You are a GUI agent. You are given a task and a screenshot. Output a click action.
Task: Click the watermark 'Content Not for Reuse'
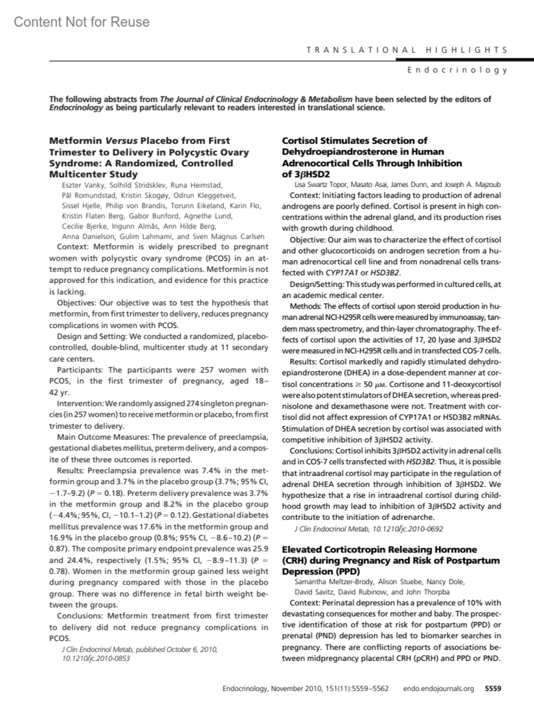[x=81, y=22]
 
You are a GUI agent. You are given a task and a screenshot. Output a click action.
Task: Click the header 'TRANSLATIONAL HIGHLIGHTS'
[x=407, y=50]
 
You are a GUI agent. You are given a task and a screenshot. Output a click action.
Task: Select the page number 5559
[x=493, y=688]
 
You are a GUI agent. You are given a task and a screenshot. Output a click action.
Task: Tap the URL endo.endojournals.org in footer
[x=438, y=688]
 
